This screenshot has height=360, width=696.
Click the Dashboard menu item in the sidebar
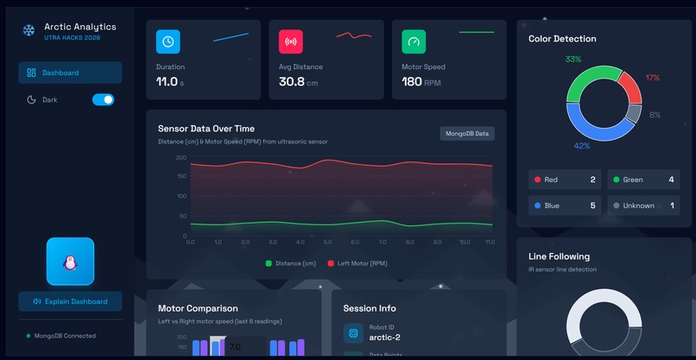(x=69, y=73)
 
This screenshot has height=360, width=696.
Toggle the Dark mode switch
(x=103, y=99)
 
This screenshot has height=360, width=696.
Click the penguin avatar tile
(x=70, y=261)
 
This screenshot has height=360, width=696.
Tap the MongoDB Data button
(x=467, y=133)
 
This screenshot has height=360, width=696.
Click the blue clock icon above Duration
(x=168, y=41)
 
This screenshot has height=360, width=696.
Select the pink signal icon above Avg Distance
(x=291, y=41)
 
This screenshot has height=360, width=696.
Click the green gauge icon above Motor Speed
(x=414, y=41)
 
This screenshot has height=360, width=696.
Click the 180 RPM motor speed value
(x=412, y=82)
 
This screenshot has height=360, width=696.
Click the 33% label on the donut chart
(x=573, y=60)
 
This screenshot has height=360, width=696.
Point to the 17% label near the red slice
(x=652, y=78)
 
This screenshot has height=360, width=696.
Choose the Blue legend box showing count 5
(x=565, y=205)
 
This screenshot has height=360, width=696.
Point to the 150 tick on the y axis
(x=180, y=177)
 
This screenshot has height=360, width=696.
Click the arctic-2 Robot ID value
(x=385, y=338)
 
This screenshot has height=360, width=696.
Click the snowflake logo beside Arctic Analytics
(x=28, y=30)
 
